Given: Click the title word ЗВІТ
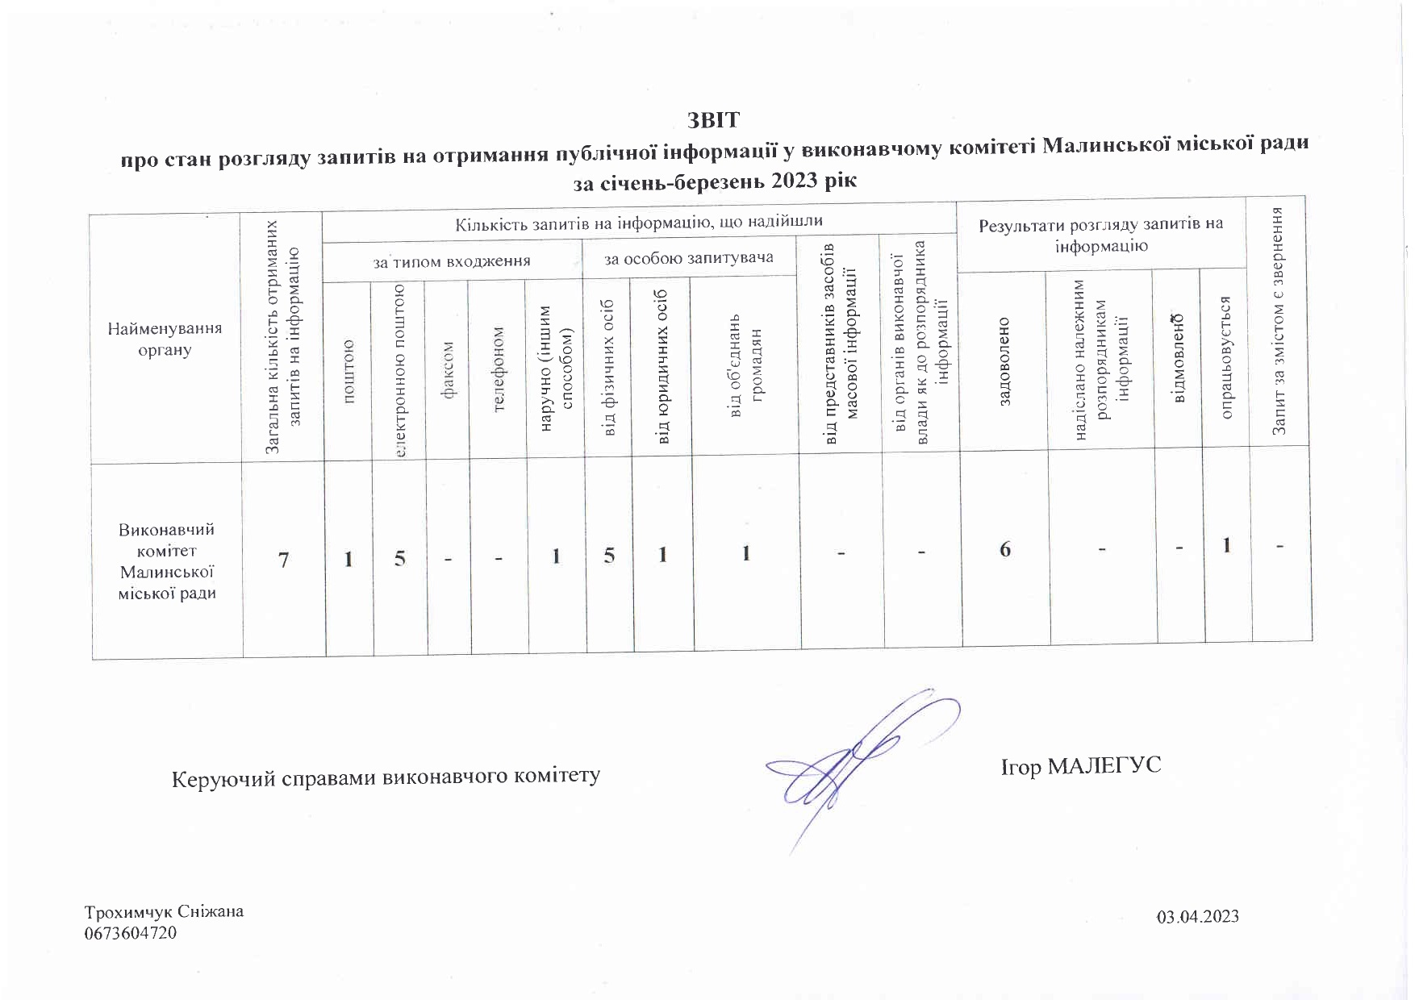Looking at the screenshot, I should tap(712, 121).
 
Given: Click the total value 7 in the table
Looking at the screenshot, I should tap(283, 560).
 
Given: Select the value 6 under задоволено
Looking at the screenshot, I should tap(1005, 550).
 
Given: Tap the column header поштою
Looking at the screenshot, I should tap(349, 372).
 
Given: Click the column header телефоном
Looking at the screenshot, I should tap(499, 369).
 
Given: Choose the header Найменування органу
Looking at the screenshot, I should tap(165, 340).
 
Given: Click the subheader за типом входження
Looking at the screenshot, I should tap(452, 261).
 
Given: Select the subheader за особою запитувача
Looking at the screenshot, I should tap(689, 258).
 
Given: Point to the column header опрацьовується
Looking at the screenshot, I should tap(1225, 358).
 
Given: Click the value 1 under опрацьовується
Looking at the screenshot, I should tap(1226, 546).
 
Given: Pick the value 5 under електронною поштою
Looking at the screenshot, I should tap(400, 558).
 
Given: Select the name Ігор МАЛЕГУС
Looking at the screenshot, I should tap(1081, 765).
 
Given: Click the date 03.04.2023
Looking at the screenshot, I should tap(1198, 917).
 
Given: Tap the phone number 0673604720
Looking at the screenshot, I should tap(131, 934).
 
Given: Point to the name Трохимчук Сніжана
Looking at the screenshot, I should tap(165, 912).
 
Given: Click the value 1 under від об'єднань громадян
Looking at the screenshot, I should tap(746, 553).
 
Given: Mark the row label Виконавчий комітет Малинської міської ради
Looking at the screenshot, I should tap(167, 561).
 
